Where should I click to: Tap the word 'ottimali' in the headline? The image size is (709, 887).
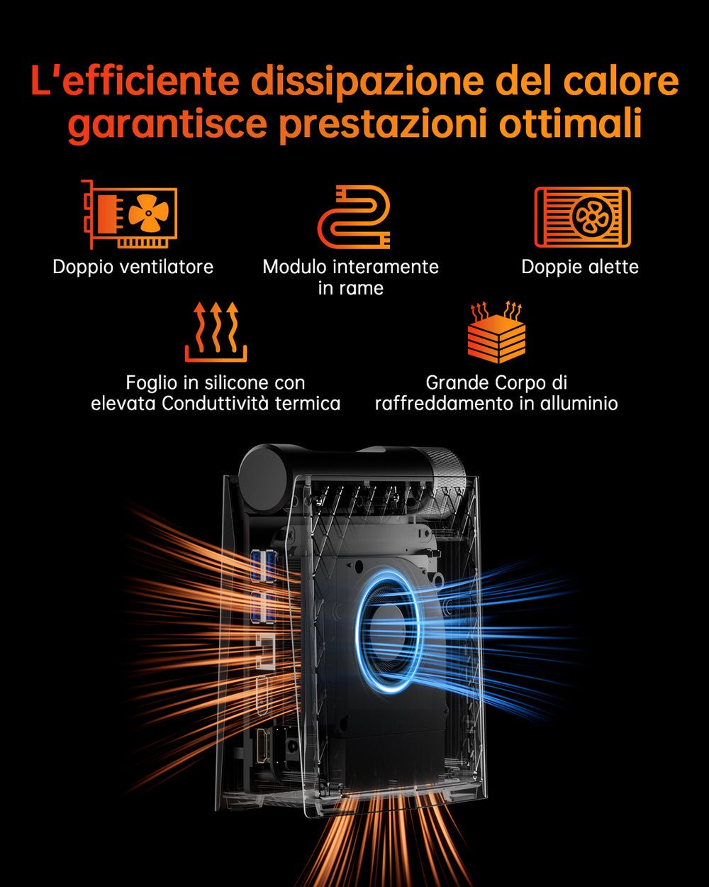(x=570, y=123)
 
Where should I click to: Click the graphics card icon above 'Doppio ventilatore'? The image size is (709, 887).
(x=129, y=214)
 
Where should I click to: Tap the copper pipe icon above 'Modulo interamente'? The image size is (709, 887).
(x=354, y=217)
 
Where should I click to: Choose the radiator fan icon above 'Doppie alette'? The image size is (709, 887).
(x=583, y=217)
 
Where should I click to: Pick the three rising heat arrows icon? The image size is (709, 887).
(x=216, y=332)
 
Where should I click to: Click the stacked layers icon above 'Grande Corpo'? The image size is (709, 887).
(x=496, y=332)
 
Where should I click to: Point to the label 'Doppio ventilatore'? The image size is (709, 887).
(x=133, y=268)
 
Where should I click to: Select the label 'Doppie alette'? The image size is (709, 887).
(x=580, y=267)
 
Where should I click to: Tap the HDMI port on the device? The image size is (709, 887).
(x=262, y=745)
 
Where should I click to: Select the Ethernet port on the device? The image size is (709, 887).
(x=265, y=651)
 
